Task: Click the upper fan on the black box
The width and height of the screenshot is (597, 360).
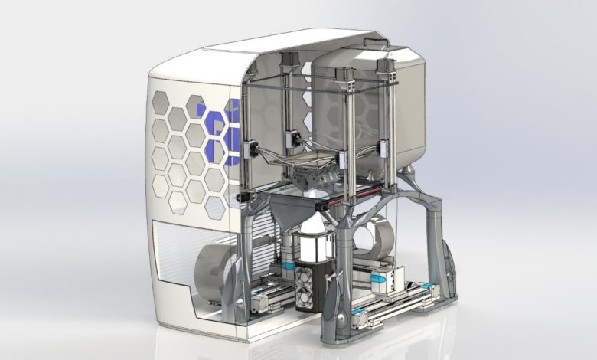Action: coord(311,276)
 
